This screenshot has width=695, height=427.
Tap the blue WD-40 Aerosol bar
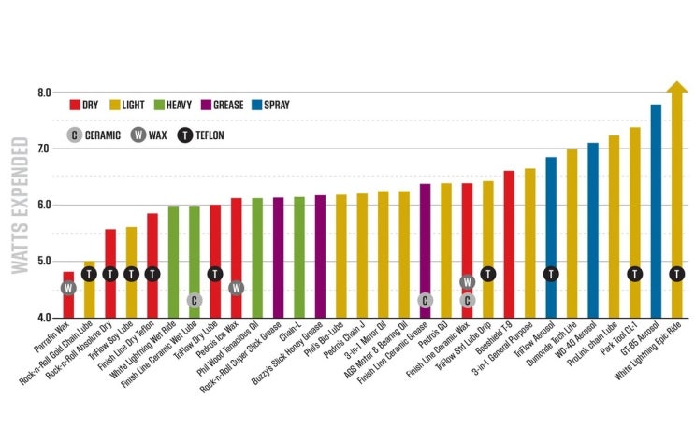tap(592, 230)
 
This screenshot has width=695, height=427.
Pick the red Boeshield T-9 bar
tap(509, 244)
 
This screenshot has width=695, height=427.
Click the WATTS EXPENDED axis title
tap(20, 206)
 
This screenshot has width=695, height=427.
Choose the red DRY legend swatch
tap(75, 106)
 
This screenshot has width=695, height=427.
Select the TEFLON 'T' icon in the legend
tap(184, 135)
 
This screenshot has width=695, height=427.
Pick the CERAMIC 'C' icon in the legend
tap(75, 135)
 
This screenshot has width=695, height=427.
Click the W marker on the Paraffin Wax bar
tap(68, 288)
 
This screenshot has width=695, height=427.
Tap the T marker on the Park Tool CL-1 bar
tap(634, 274)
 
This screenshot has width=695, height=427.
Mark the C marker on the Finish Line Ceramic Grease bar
tap(425, 300)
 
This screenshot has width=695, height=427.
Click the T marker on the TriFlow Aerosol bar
tap(551, 274)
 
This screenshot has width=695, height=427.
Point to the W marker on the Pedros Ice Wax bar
tap(236, 288)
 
